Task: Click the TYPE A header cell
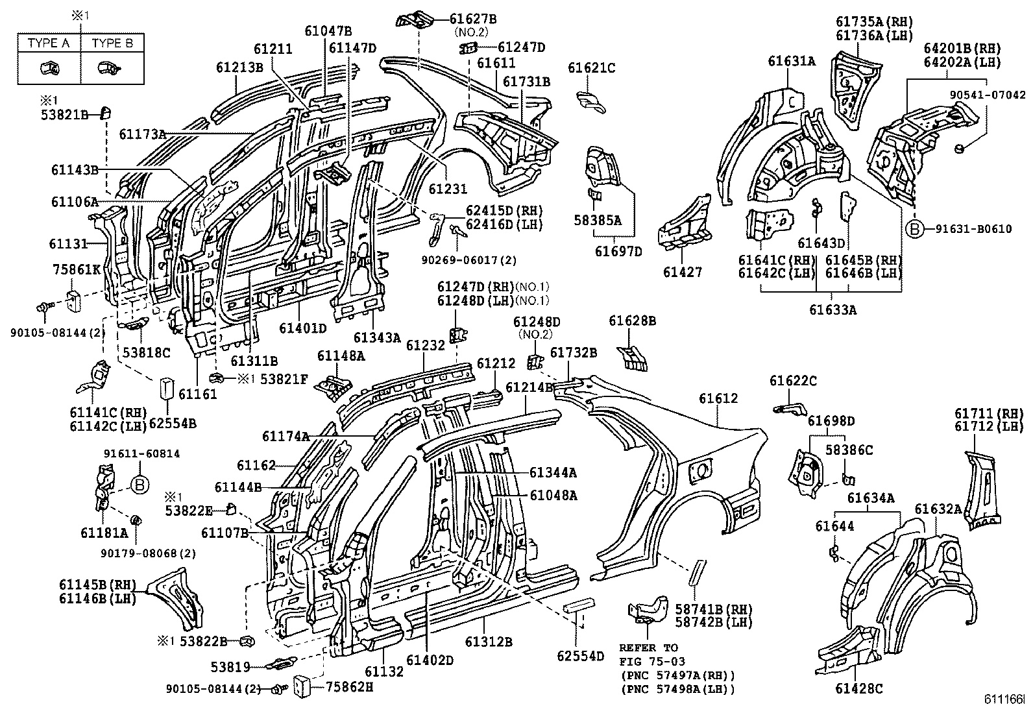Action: click(49, 43)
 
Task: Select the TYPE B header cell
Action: click(112, 43)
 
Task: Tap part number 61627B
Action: click(472, 19)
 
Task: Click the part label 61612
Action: click(718, 398)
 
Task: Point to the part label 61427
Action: click(683, 272)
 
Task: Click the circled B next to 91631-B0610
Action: click(914, 229)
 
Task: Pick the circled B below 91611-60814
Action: click(140, 484)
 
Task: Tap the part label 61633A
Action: click(832, 309)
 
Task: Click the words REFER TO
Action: click(648, 647)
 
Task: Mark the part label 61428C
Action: click(859, 688)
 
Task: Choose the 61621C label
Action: click(591, 68)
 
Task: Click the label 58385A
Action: click(598, 221)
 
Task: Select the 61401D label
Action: click(303, 328)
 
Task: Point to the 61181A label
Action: click(104, 533)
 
